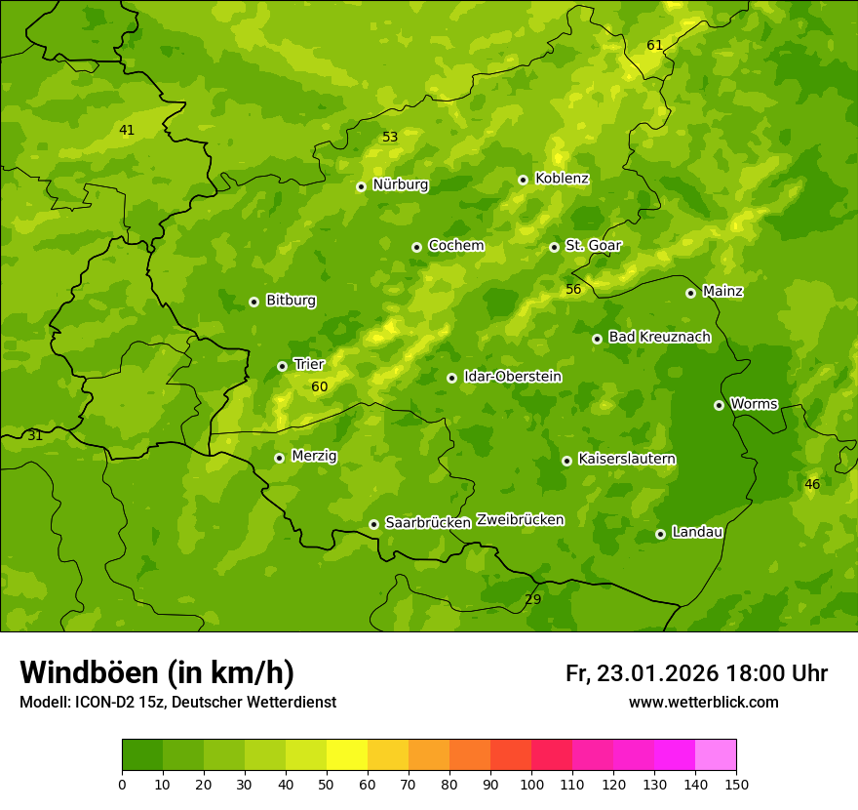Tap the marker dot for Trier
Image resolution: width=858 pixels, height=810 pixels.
click(282, 366)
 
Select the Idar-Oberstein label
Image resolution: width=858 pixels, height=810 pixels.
click(512, 377)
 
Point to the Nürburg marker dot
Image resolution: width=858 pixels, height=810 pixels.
click(361, 186)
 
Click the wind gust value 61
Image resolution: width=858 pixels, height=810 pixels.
click(655, 46)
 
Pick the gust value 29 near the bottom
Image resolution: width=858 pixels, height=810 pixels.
click(533, 599)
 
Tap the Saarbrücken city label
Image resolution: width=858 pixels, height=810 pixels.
click(428, 523)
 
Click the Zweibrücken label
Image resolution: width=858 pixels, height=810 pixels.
click(520, 520)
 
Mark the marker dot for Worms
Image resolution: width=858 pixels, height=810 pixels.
click(719, 405)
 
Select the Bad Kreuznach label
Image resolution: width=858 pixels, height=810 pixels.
click(659, 337)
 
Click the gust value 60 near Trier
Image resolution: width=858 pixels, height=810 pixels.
click(320, 387)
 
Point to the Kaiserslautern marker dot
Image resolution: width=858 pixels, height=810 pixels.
click(566, 461)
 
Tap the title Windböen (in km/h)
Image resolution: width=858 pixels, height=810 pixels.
click(157, 672)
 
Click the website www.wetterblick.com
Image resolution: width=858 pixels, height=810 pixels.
click(703, 703)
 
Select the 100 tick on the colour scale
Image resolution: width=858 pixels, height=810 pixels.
click(531, 785)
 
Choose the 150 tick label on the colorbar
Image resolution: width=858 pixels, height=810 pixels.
click(736, 785)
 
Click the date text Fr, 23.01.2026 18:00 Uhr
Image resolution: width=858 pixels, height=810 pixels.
click(696, 673)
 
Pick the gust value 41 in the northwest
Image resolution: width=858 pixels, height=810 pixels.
click(127, 130)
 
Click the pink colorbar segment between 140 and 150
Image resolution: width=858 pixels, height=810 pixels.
click(716, 755)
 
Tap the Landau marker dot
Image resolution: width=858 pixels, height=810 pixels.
click(660, 534)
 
